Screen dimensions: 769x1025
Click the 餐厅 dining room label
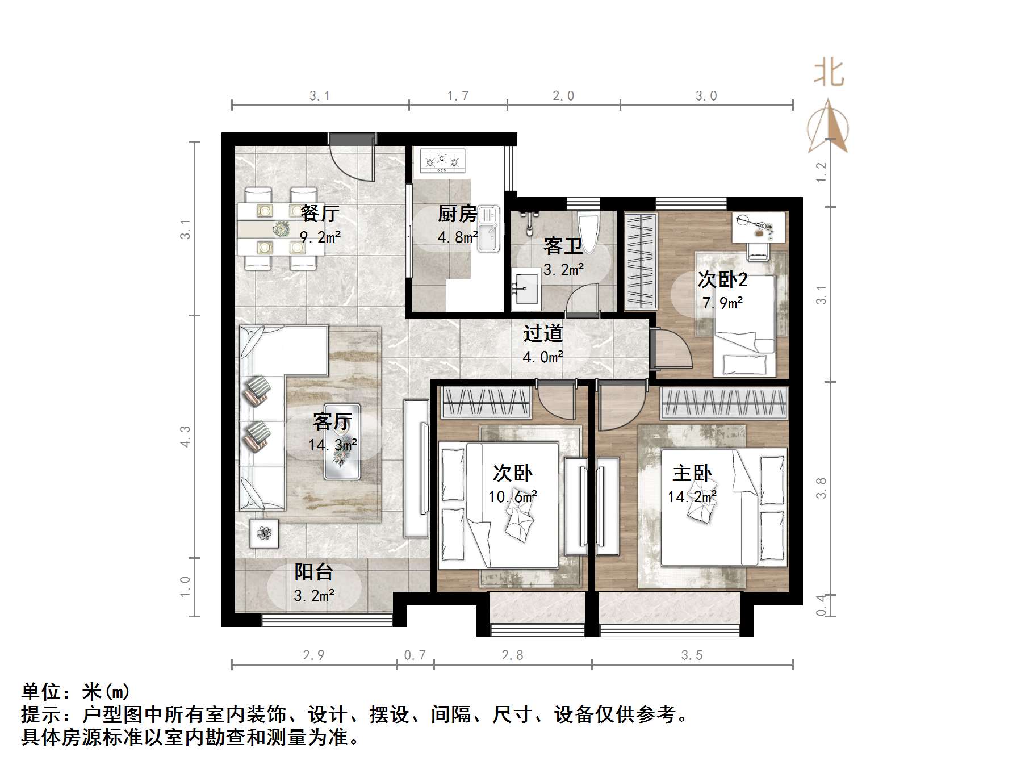click(x=320, y=214)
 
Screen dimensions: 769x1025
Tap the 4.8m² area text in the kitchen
click(x=457, y=237)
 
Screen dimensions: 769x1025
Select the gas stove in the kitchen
click(x=442, y=161)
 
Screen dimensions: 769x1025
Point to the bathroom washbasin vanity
click(x=526, y=289)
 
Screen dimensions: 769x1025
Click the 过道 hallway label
click(x=542, y=333)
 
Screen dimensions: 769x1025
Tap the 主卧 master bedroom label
click(x=692, y=473)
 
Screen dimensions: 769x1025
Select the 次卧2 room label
click(x=722, y=279)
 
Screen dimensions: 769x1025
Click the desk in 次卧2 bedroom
click(x=760, y=227)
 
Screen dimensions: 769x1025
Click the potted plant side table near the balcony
click(x=264, y=533)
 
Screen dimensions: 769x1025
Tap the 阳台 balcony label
click(x=313, y=572)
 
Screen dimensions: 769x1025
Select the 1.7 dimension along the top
click(x=458, y=96)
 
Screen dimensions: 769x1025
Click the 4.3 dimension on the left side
click(x=186, y=436)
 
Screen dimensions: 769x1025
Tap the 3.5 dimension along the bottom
click(x=692, y=655)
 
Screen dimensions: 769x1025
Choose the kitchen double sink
click(x=487, y=229)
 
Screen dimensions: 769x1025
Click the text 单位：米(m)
click(x=76, y=691)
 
